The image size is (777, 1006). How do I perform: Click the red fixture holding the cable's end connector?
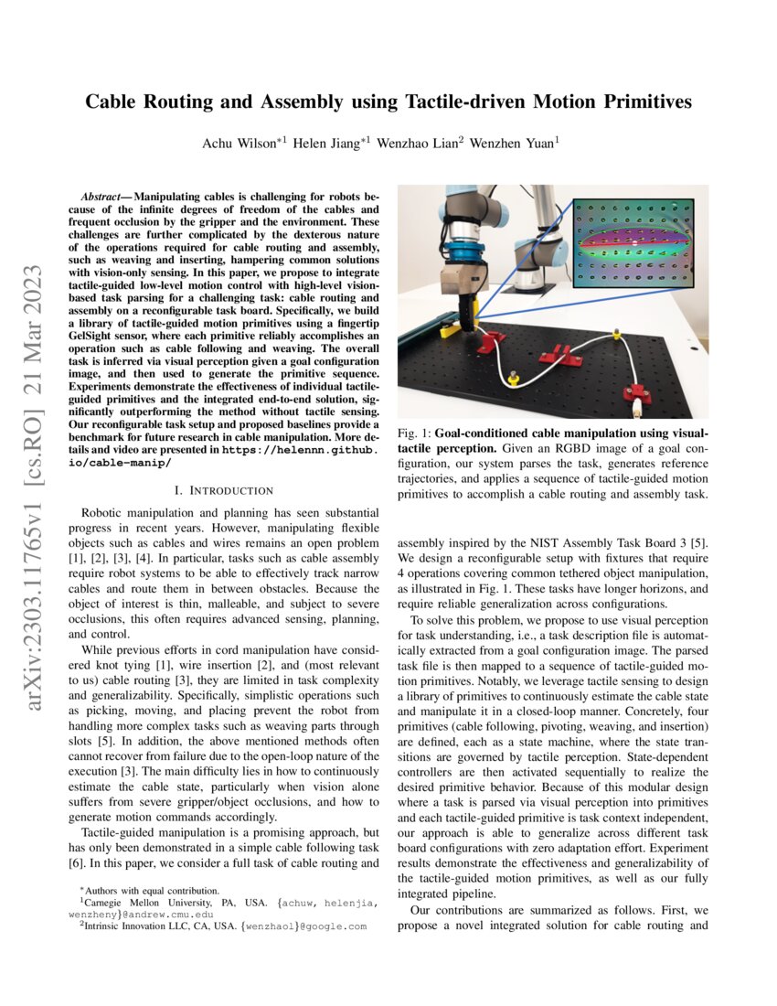pos(637,394)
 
